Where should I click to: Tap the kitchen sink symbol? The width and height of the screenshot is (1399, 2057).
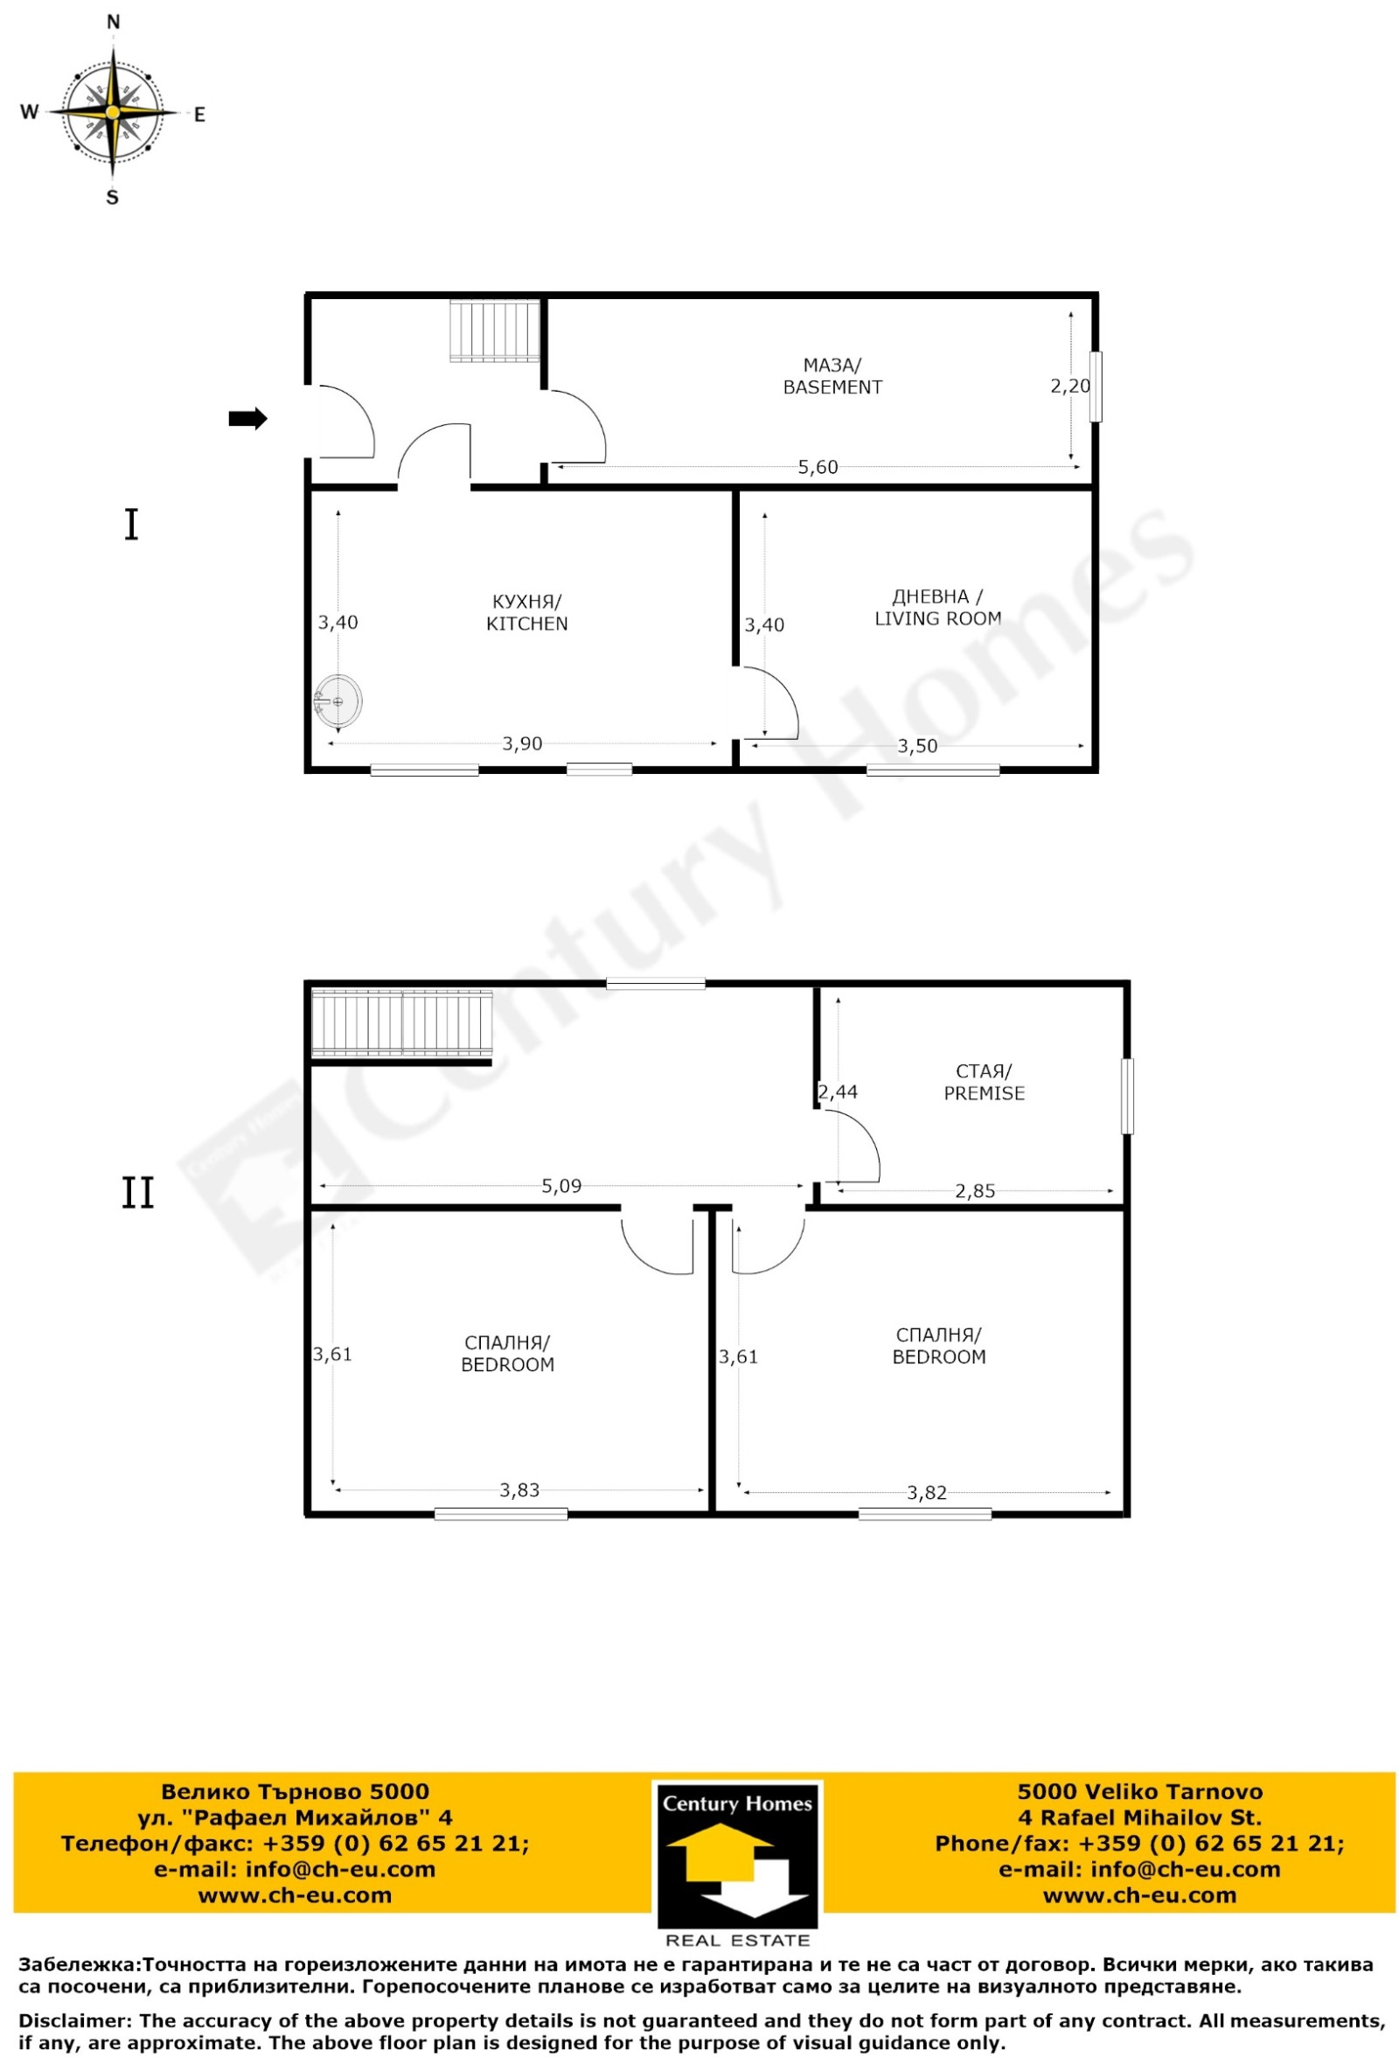pos(338,701)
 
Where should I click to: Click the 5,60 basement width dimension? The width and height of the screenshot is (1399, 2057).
pos(817,466)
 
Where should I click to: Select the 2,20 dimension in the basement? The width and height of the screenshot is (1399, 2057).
pos(1070,386)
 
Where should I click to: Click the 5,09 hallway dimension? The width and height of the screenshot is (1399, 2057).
pos(561,1186)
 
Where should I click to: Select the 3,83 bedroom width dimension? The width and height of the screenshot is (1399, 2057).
pos(519,1490)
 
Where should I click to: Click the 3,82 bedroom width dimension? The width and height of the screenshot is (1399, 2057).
pos(927,1493)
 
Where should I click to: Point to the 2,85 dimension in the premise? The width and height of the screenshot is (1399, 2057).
pos(974,1191)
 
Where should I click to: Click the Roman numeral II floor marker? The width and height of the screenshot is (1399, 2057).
pos(137,1192)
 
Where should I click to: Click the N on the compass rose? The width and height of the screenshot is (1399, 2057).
pos(113,23)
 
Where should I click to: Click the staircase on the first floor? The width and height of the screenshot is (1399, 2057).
pos(495,331)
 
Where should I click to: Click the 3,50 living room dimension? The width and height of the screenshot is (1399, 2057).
pos(916,746)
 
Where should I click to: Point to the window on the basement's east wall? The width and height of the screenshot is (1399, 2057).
pos(1096,387)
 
